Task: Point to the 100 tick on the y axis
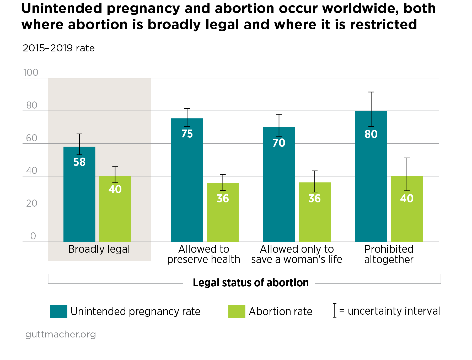[x=31, y=73]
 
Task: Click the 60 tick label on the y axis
[x=32, y=138]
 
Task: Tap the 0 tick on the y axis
[x=33, y=236]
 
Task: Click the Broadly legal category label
[x=99, y=249]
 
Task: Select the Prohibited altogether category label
[x=389, y=254]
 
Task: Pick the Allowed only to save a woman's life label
[x=297, y=254]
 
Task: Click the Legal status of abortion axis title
[x=251, y=283]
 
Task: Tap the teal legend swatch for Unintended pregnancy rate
[x=58, y=311]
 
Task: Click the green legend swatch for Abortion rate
[x=237, y=311]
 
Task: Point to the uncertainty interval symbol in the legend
[x=335, y=310]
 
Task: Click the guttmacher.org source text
[x=61, y=334]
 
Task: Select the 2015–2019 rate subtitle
[x=58, y=48]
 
